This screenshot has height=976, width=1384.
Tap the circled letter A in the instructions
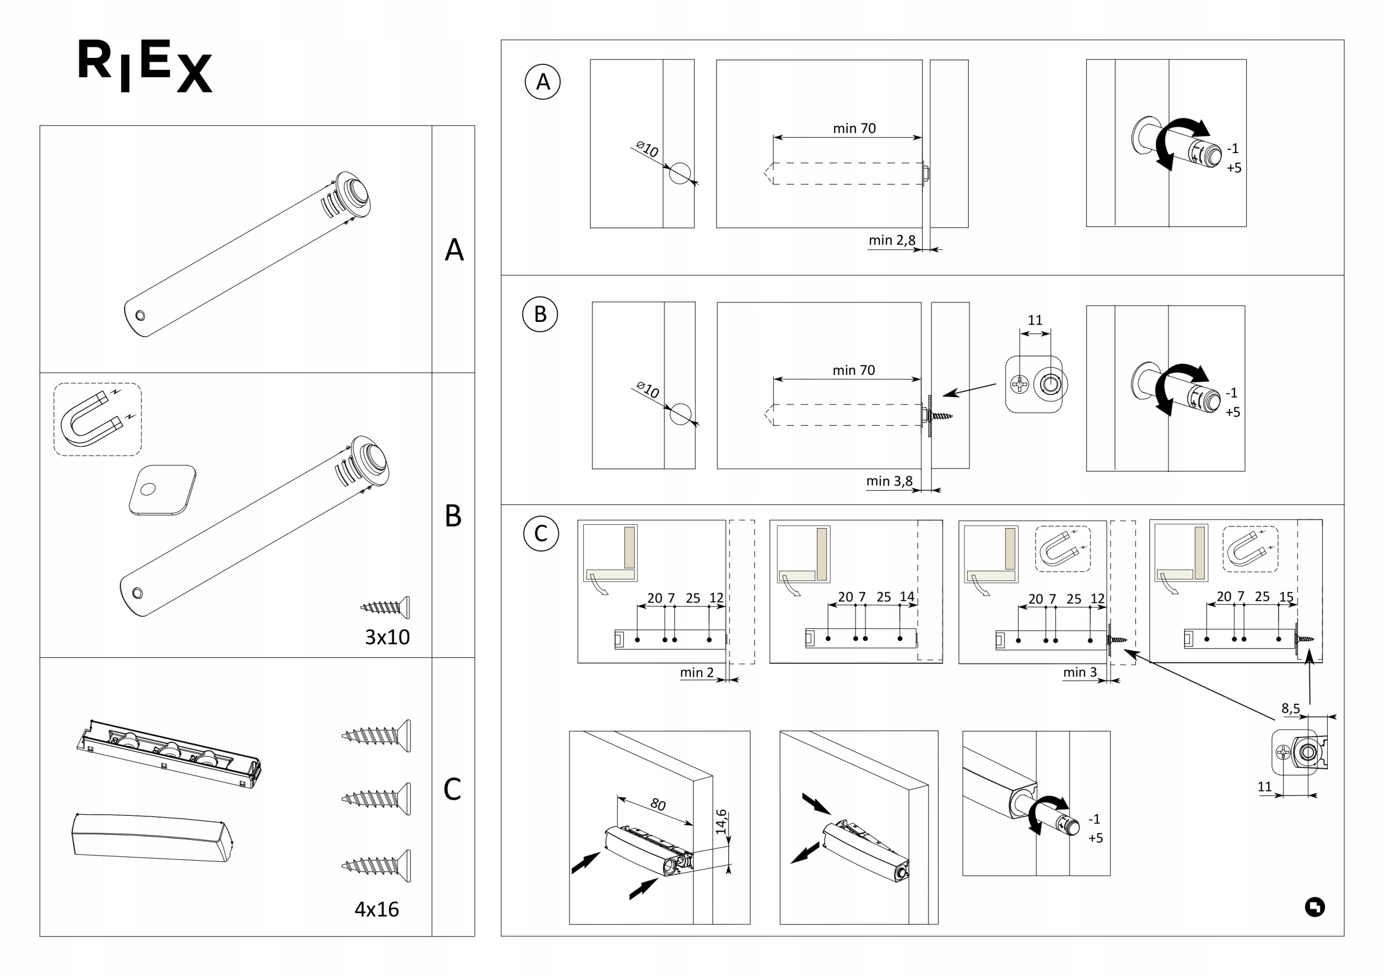click(x=542, y=82)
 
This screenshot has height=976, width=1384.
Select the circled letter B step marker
click(x=540, y=314)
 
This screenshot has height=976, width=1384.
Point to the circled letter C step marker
click(x=541, y=533)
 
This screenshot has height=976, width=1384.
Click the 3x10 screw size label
click(x=387, y=637)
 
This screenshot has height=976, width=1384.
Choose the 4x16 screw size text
click(x=377, y=909)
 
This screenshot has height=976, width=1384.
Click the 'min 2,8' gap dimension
click(x=891, y=240)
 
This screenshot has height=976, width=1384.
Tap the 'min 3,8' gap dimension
click(x=889, y=481)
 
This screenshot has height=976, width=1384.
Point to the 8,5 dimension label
click(x=1290, y=708)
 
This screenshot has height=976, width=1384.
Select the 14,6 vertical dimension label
click(x=721, y=822)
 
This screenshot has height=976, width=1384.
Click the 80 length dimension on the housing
click(x=657, y=804)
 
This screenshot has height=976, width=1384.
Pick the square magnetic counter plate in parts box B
click(x=162, y=490)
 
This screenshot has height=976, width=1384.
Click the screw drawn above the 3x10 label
click(x=386, y=607)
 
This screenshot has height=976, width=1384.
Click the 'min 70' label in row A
click(x=854, y=128)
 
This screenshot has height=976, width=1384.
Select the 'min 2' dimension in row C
click(x=696, y=672)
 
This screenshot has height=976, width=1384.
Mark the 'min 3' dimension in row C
click(x=1080, y=672)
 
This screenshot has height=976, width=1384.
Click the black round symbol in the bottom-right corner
click(x=1315, y=907)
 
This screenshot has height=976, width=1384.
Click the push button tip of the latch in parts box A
click(x=357, y=189)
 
